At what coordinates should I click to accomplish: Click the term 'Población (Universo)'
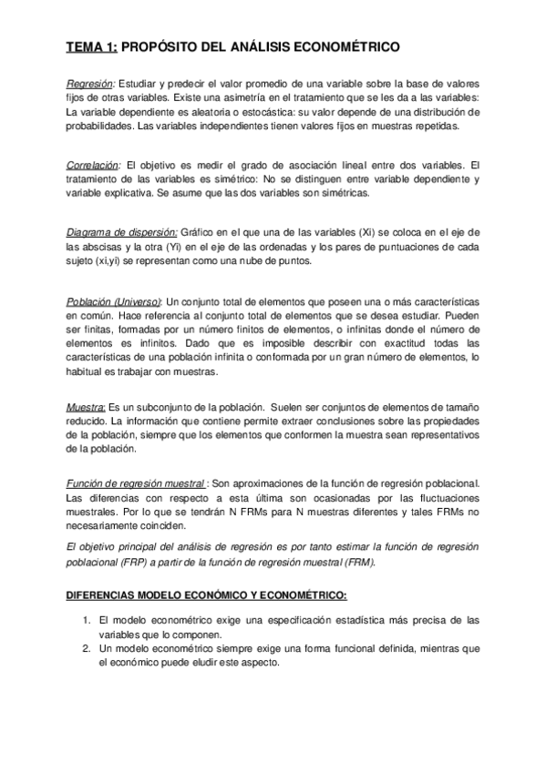point(115,301)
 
